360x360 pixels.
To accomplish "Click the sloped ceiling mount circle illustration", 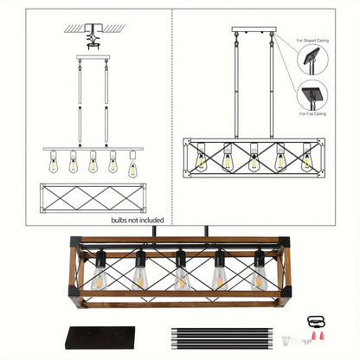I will coord(312,60).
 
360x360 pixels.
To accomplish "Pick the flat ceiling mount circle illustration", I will coord(312,94).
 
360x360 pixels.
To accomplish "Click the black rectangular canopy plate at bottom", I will coord(96,337).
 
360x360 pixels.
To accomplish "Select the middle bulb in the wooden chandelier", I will coord(180,275).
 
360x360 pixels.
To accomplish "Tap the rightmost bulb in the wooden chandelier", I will coord(257,275).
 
